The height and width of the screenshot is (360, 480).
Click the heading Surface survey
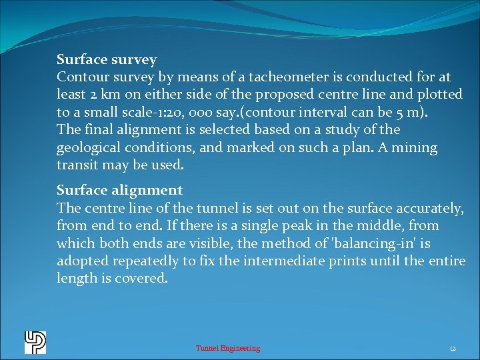click(107, 60)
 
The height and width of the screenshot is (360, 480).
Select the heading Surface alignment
click(119, 191)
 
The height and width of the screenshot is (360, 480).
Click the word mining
click(413, 147)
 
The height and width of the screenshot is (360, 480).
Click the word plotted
click(439, 95)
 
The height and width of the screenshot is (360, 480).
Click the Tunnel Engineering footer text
click(227, 348)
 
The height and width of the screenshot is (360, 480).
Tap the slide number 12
click(453, 348)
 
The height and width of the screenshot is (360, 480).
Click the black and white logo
click(35, 343)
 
